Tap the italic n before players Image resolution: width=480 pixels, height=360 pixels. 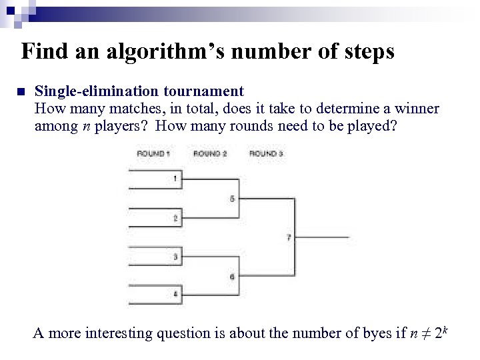click(x=86, y=127)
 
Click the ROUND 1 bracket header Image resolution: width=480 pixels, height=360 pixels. click(x=153, y=154)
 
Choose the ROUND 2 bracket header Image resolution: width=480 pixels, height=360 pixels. click(x=210, y=154)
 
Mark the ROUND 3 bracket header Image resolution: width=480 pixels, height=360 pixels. click(x=266, y=154)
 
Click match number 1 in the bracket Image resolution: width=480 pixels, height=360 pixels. click(x=175, y=179)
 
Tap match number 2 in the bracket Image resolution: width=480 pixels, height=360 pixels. click(x=175, y=218)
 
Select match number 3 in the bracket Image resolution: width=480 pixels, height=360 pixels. click(x=175, y=257)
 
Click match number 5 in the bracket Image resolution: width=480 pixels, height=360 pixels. click(x=232, y=199)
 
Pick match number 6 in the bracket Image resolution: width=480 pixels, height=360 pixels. click(x=232, y=276)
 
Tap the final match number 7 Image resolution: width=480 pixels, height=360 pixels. click(x=289, y=237)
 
